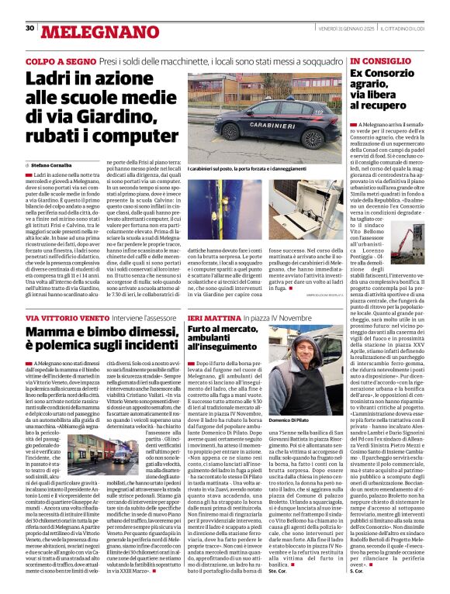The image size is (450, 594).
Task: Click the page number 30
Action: point(29,28)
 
